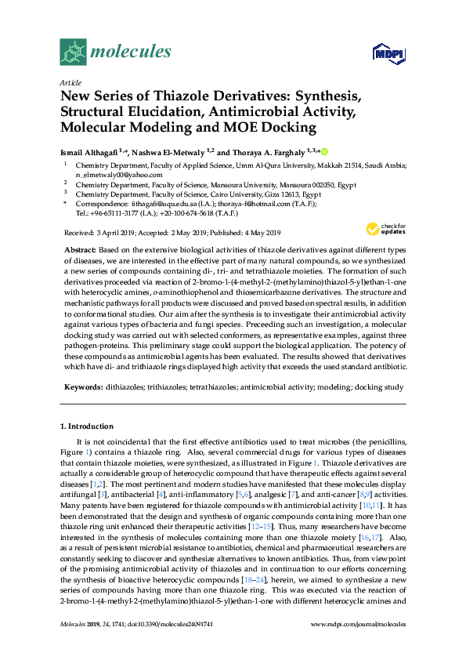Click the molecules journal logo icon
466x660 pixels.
73,53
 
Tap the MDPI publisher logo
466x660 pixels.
382,53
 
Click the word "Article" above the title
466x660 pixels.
70,82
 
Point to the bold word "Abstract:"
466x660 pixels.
83,248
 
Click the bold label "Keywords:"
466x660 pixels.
84,387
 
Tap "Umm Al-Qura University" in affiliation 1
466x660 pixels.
287,165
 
